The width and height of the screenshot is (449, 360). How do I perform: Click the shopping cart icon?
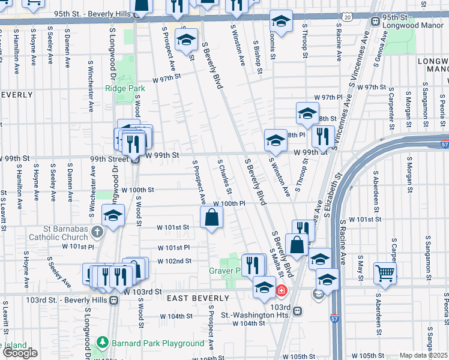click(x=385, y=272)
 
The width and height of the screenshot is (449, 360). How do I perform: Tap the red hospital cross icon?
click(x=282, y=292)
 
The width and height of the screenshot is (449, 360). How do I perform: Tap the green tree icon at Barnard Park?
click(x=103, y=343)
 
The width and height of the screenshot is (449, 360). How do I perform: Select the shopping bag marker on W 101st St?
click(x=212, y=218)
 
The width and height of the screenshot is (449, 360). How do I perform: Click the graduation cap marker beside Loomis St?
click(x=280, y=22)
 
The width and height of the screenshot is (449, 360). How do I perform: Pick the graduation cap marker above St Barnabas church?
click(x=113, y=216)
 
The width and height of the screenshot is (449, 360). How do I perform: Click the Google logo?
click(x=20, y=353)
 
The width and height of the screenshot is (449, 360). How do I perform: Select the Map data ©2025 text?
click(x=424, y=355)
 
